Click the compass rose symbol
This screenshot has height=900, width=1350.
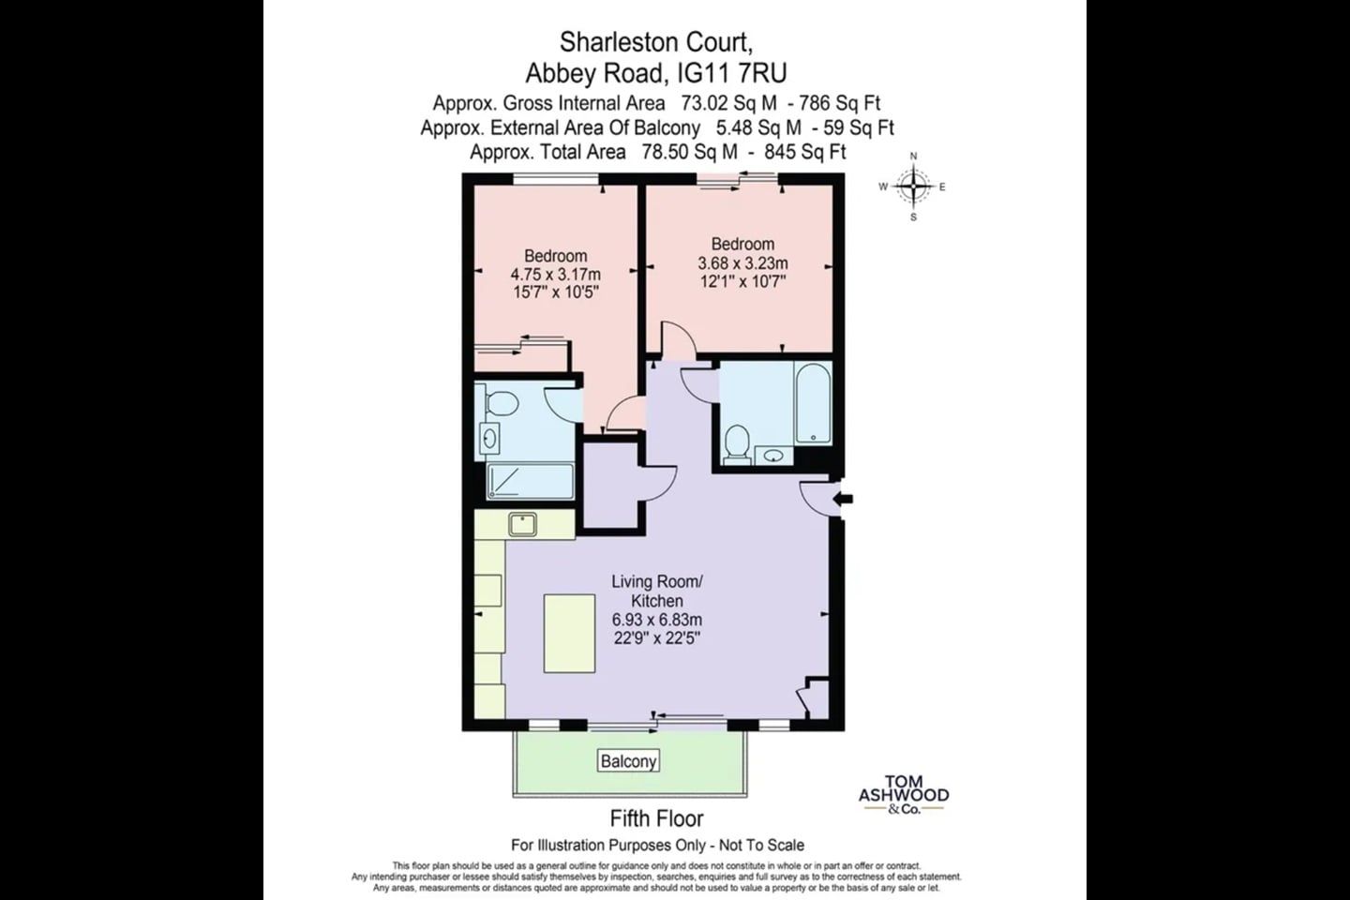click(x=913, y=187)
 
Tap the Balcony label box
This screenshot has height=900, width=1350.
click(x=628, y=760)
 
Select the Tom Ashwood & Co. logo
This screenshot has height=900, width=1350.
click(x=904, y=795)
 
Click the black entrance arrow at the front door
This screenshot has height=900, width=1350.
click(x=843, y=499)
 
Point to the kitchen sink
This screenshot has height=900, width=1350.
click(x=522, y=524)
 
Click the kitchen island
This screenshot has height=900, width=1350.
click(x=570, y=633)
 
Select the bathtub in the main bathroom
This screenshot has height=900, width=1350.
click(x=813, y=403)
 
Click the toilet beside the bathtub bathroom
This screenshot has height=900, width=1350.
click(x=737, y=445)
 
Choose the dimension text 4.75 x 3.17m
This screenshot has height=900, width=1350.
click(x=555, y=275)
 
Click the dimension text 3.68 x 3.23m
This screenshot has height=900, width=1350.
click(x=742, y=263)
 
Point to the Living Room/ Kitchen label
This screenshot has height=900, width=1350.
click(x=657, y=592)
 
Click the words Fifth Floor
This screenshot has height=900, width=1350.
click(x=656, y=818)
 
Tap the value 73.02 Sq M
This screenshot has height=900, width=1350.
click(x=728, y=104)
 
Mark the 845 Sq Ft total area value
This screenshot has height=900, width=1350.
click(x=805, y=152)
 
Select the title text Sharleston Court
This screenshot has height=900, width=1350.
click(x=656, y=42)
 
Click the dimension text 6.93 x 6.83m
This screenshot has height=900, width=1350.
click(x=657, y=619)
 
